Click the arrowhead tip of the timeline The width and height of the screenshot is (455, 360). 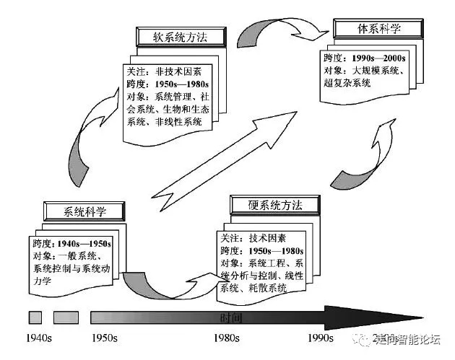[x=422, y=317]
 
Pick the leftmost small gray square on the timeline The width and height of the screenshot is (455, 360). [x=35, y=317]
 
